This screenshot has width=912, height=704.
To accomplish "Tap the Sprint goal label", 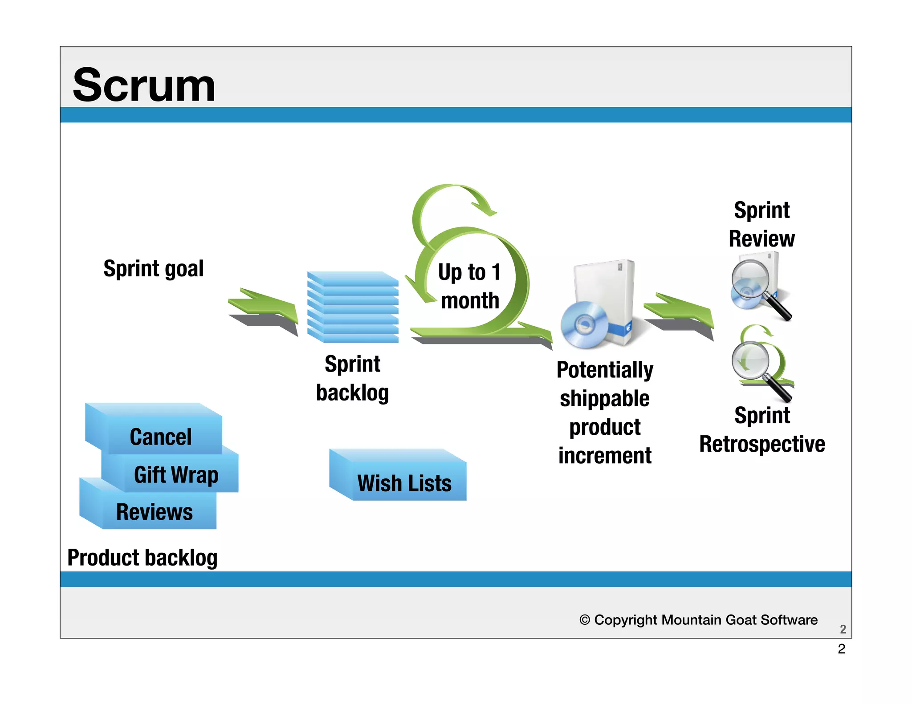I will [x=154, y=269].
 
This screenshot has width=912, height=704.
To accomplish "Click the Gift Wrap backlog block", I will [x=176, y=474].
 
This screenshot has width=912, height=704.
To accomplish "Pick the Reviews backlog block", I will [x=155, y=512].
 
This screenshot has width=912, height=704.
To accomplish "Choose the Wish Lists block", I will [x=404, y=483].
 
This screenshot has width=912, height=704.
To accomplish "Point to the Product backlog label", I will [x=142, y=558].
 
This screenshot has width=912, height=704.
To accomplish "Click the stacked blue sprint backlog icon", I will [x=353, y=307].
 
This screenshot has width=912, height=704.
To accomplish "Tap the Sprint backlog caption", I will [x=353, y=378].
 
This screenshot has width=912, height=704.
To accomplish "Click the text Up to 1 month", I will [x=470, y=286].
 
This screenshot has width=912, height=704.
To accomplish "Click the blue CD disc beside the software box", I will [x=584, y=325].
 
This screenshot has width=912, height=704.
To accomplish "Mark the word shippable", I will [x=605, y=399].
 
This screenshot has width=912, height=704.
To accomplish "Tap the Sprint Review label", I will [x=761, y=224].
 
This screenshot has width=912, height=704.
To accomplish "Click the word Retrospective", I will [x=762, y=444].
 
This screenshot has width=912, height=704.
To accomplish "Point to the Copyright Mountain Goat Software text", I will [x=698, y=620].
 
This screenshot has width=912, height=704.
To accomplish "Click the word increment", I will [x=605, y=456].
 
